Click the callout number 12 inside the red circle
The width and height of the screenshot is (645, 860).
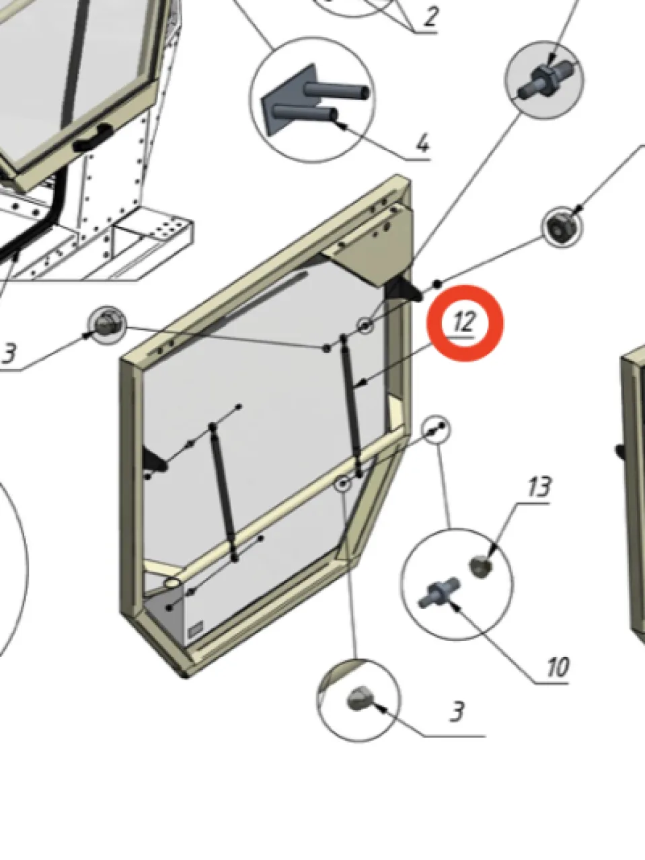pos(464,322)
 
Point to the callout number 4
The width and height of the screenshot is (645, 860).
pos(422,144)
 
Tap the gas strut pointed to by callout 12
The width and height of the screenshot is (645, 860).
pos(351,406)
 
